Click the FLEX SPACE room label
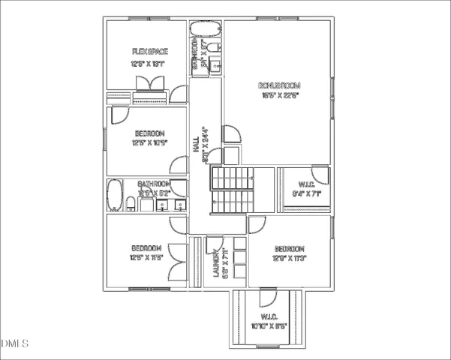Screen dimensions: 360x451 149,51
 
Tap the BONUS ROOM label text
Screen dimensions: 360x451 279,84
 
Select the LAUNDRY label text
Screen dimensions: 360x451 216,263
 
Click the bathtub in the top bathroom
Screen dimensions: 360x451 205,31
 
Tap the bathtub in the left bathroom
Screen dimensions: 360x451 115,196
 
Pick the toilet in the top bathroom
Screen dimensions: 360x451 213,49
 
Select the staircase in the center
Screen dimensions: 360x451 233,190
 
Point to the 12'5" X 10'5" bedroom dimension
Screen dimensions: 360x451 149,142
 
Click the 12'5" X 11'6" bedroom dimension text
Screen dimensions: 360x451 146,258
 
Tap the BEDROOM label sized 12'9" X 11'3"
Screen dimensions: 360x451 289,248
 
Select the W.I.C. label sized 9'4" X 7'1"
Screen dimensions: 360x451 305,184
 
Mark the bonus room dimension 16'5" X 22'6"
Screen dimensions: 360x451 280,95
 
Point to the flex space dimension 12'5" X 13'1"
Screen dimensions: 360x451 148,64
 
